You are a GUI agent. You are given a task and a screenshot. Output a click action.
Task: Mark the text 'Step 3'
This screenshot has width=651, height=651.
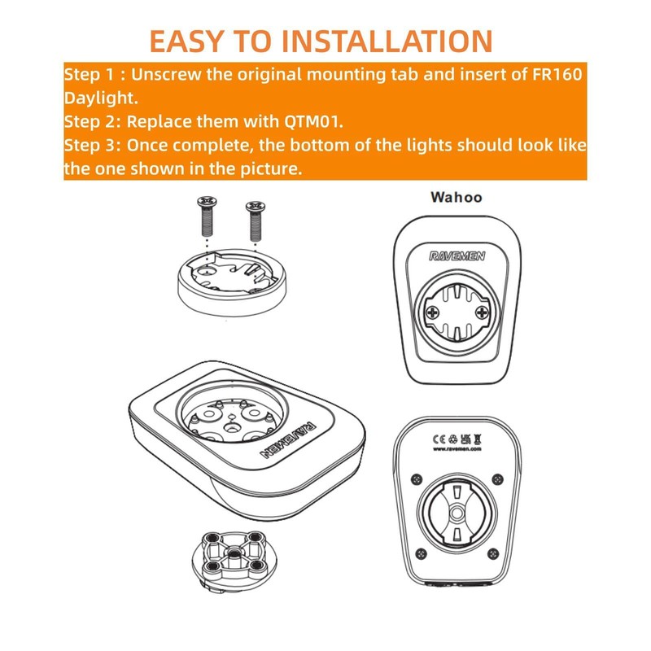(90, 146)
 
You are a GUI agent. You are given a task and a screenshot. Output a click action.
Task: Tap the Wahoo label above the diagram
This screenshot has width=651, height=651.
(456, 197)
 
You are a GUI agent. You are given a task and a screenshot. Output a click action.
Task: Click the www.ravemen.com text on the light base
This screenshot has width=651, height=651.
(458, 448)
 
